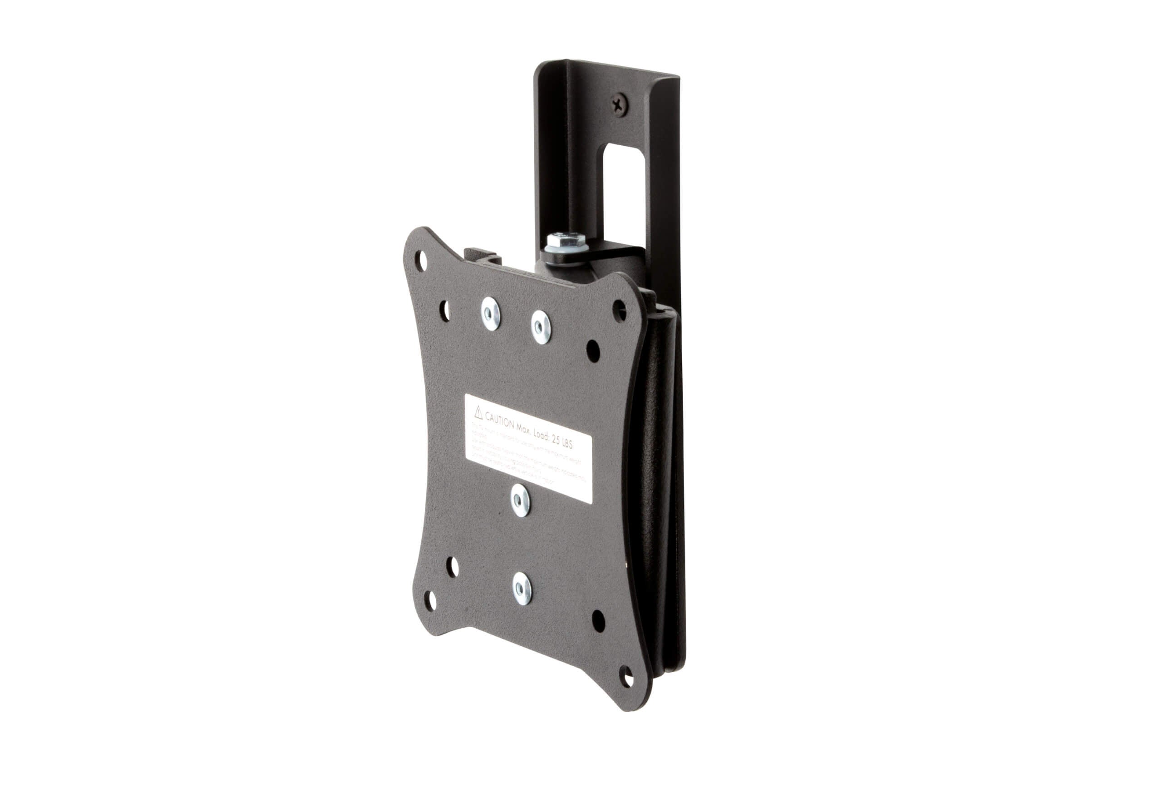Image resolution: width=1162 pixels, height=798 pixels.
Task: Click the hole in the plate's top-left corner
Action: (x=422, y=260)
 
